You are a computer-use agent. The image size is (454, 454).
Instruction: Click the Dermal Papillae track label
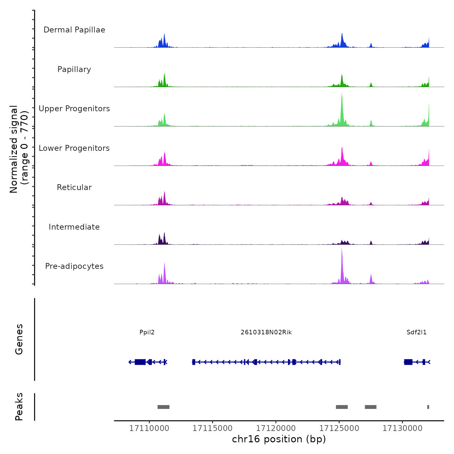[x=74, y=30]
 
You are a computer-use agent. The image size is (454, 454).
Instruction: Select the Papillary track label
[x=74, y=69]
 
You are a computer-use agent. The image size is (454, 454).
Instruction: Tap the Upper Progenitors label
[x=74, y=109]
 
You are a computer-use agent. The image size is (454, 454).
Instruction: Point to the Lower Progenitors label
[x=74, y=148]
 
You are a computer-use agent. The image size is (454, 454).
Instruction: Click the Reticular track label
[x=74, y=187]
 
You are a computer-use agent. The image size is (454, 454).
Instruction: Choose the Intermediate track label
[x=74, y=227]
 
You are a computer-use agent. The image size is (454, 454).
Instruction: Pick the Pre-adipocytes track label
[x=74, y=266]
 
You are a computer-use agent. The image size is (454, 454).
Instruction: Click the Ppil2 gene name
[x=147, y=332]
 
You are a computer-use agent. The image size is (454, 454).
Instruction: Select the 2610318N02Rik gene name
[x=266, y=332]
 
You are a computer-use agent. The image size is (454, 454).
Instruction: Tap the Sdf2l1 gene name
[x=417, y=332]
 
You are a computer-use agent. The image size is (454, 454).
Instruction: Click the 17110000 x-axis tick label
[x=149, y=428]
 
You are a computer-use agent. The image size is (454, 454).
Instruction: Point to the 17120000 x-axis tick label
[x=276, y=428]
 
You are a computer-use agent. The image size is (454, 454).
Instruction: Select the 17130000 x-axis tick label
[x=402, y=428]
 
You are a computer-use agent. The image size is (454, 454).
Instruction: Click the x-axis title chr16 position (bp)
[x=279, y=439]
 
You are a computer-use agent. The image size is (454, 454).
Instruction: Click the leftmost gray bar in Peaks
[x=163, y=407]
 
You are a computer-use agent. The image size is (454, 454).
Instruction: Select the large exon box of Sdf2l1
[x=408, y=362]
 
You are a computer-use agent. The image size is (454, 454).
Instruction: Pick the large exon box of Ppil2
[x=140, y=362]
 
